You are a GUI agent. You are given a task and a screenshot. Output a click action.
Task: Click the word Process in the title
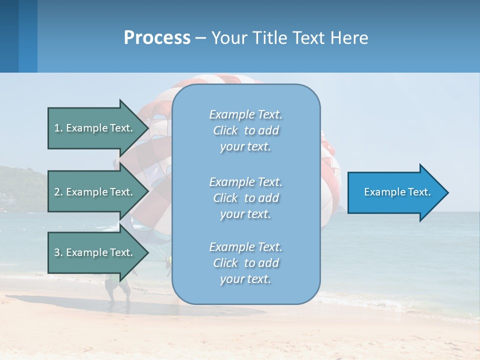pos(157,38)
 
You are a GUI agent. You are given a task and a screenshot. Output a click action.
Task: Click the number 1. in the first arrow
pos(58,128)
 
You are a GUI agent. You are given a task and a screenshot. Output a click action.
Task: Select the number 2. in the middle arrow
pos(58,192)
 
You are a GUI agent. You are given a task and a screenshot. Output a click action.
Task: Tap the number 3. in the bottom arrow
pos(58,252)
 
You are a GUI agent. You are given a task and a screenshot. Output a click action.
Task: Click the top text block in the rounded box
pos(245,130)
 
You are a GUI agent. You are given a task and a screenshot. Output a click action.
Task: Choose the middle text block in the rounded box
pos(245,198)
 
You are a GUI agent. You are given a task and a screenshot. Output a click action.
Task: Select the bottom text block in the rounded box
pos(245,263)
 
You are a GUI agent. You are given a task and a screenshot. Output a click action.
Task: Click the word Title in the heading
pos(271,38)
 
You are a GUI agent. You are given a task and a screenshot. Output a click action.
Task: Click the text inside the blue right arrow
pos(397,192)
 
